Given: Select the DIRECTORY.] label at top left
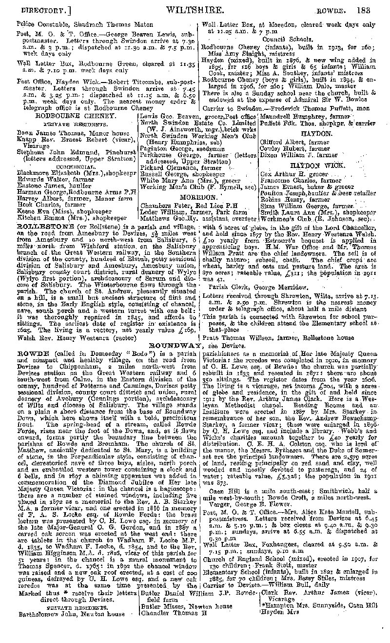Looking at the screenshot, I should (38, 10).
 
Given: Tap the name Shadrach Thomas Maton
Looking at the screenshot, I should (102, 23).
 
